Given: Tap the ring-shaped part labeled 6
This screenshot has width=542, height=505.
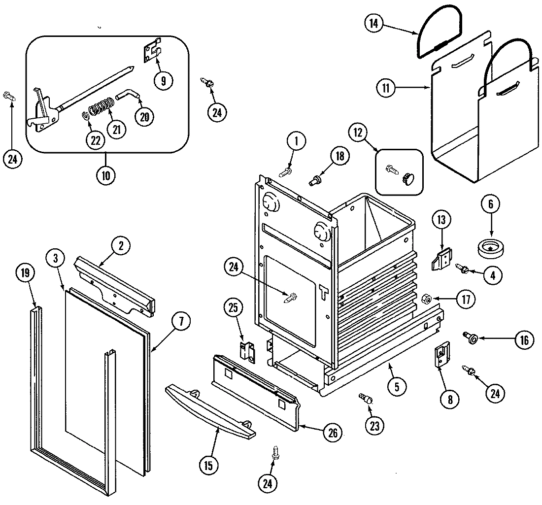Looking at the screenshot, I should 491,246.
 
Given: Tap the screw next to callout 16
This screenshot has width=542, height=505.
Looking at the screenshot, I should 469,337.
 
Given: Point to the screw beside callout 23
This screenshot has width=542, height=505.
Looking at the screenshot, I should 366,398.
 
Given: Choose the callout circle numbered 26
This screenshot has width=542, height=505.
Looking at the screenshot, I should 332,433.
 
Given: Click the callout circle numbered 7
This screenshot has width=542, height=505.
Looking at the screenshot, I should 180,322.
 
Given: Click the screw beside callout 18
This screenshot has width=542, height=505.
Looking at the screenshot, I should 314,180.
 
